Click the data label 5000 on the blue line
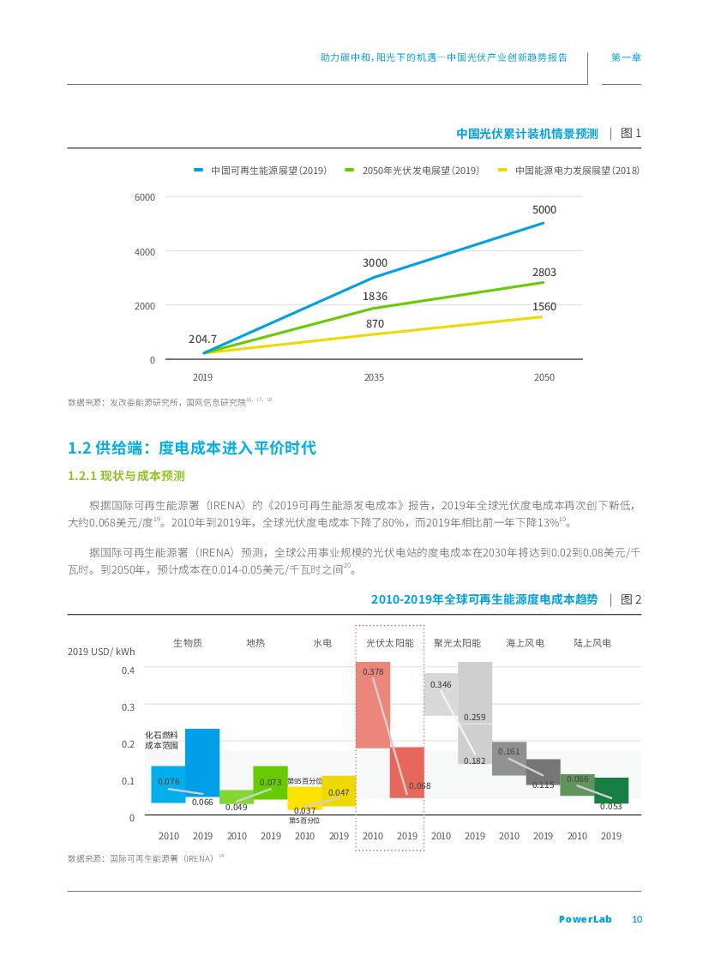click(x=544, y=210)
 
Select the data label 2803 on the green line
click(x=544, y=273)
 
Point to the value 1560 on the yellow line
click(x=544, y=307)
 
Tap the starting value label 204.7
click(x=202, y=340)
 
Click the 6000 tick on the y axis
click(x=145, y=197)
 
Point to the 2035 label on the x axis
click(x=374, y=377)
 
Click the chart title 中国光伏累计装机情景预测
click(x=526, y=134)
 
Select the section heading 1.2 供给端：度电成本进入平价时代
click(x=191, y=448)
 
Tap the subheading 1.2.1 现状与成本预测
click(x=126, y=476)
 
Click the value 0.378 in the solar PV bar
click(x=372, y=672)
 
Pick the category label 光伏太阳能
click(x=389, y=642)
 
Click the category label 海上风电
click(x=525, y=642)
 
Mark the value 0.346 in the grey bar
click(x=441, y=684)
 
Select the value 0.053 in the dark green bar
click(x=610, y=807)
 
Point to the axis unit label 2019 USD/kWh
click(x=101, y=652)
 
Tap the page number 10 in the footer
click(x=636, y=920)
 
